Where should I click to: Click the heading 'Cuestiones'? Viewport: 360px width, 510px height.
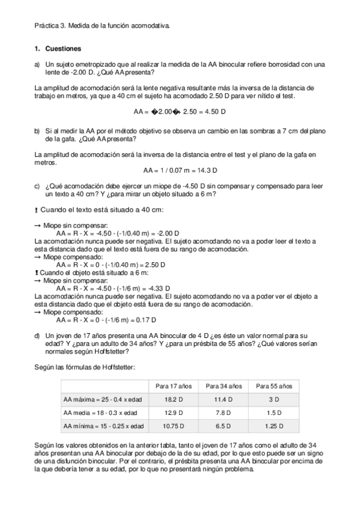[x=63, y=48]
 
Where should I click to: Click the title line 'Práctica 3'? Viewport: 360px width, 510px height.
[x=102, y=26]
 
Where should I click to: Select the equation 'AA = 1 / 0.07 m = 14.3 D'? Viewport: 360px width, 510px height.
[x=180, y=170]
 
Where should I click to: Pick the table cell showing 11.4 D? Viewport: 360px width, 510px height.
[x=224, y=399]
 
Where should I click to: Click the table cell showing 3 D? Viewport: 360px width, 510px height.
[x=274, y=399]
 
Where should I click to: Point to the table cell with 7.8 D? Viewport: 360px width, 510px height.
[x=224, y=413]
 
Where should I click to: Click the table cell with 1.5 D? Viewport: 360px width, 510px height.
[x=274, y=413]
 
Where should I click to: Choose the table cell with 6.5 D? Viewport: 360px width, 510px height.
[x=224, y=426]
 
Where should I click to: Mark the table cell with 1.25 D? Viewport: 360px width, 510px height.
[x=274, y=426]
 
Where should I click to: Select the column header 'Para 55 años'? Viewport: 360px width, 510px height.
[x=274, y=386]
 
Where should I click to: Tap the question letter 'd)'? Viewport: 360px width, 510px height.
[x=38, y=336]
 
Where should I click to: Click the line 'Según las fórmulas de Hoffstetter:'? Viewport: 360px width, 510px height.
[x=85, y=367]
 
